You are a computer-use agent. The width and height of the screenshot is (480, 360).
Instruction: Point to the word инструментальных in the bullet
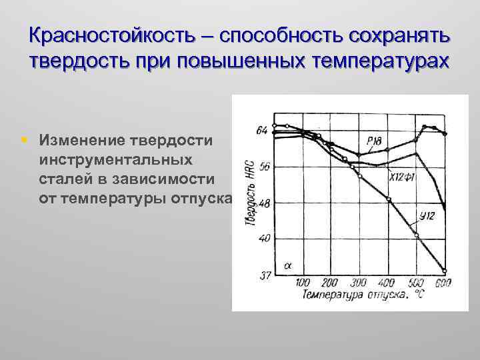(x=117, y=160)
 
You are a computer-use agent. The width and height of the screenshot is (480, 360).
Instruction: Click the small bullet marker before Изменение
(x=24, y=141)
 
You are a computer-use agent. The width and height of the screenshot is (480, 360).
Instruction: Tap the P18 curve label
(x=373, y=139)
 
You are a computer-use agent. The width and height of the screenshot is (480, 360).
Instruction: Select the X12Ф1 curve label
(x=403, y=178)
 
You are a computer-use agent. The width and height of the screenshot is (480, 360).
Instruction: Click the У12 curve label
(x=428, y=215)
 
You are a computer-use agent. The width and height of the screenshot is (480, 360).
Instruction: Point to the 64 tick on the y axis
(x=261, y=129)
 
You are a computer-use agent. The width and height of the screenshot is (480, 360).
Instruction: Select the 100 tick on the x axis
(x=303, y=283)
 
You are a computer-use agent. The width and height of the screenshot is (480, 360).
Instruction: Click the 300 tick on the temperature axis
(x=359, y=283)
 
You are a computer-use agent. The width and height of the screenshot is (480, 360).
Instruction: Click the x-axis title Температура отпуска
(x=361, y=294)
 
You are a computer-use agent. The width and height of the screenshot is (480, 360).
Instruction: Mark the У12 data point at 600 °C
(x=444, y=271)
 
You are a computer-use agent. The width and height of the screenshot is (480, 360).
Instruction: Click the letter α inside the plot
(x=288, y=265)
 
